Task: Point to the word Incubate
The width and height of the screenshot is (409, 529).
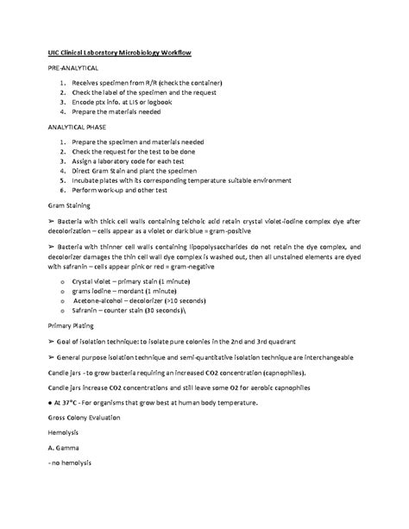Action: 99,184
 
